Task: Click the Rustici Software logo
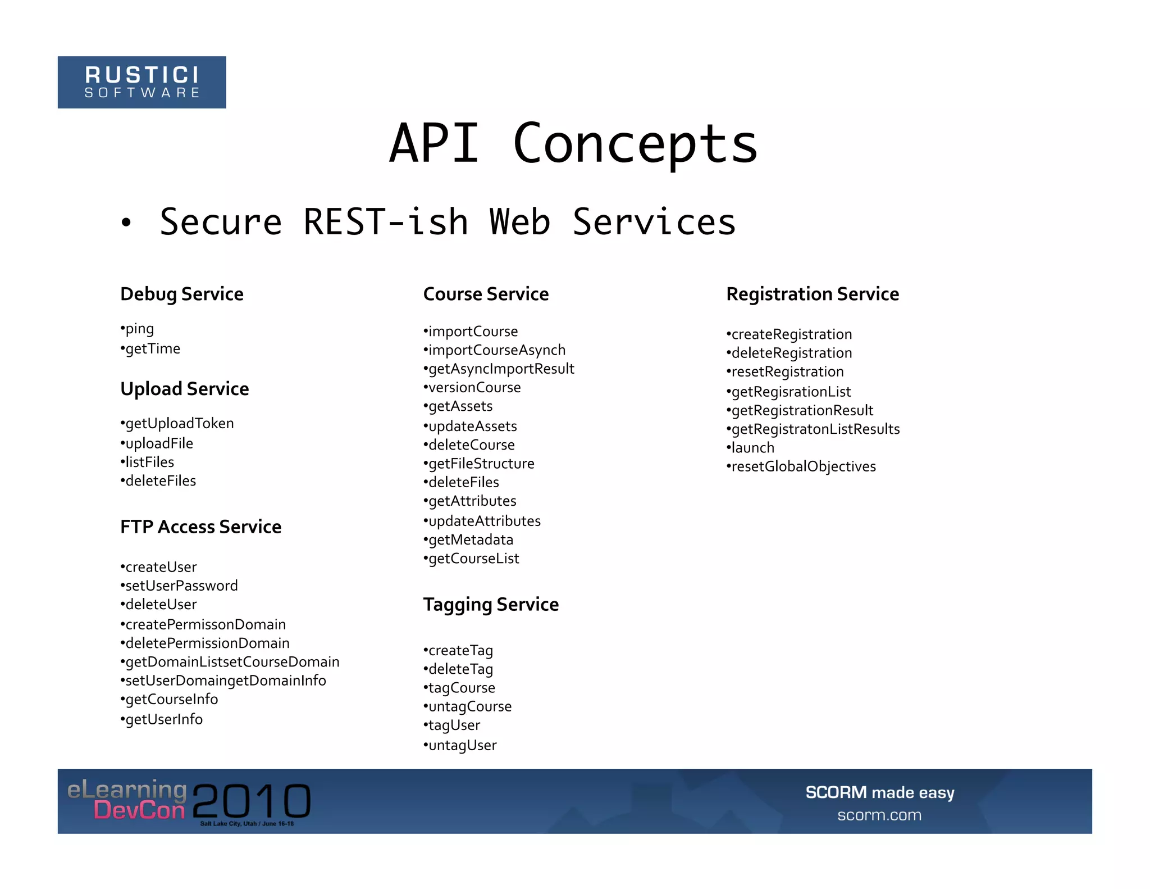click(142, 82)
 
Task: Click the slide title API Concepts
click(573, 144)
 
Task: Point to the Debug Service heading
click(181, 294)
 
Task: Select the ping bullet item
click(139, 329)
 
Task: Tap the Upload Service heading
click(184, 389)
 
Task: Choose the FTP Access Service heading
click(200, 527)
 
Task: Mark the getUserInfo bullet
click(163, 719)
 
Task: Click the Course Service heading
click(486, 294)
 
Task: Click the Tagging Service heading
click(491, 605)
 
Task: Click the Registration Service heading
click(813, 294)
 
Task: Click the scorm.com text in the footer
click(879, 815)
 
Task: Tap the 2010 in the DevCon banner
click(252, 801)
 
